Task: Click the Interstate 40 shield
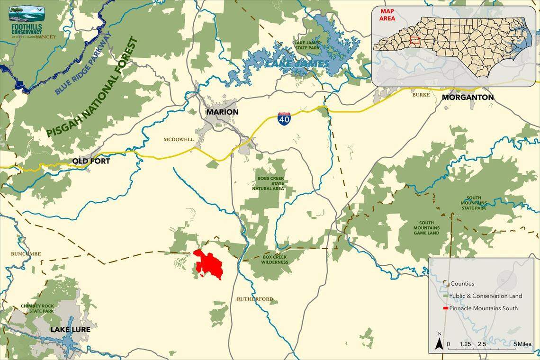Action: [284, 118]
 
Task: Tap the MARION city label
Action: [222, 112]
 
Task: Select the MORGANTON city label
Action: [468, 97]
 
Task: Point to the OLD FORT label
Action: [91, 161]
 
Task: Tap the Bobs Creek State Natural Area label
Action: [270, 183]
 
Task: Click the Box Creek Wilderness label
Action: [275, 260]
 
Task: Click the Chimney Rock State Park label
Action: [37, 308]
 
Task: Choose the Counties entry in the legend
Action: [462, 283]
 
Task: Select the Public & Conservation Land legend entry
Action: [486, 296]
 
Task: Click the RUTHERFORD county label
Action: [255, 299]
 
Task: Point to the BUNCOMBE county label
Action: [26, 254]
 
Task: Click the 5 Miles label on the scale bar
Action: [523, 343]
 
